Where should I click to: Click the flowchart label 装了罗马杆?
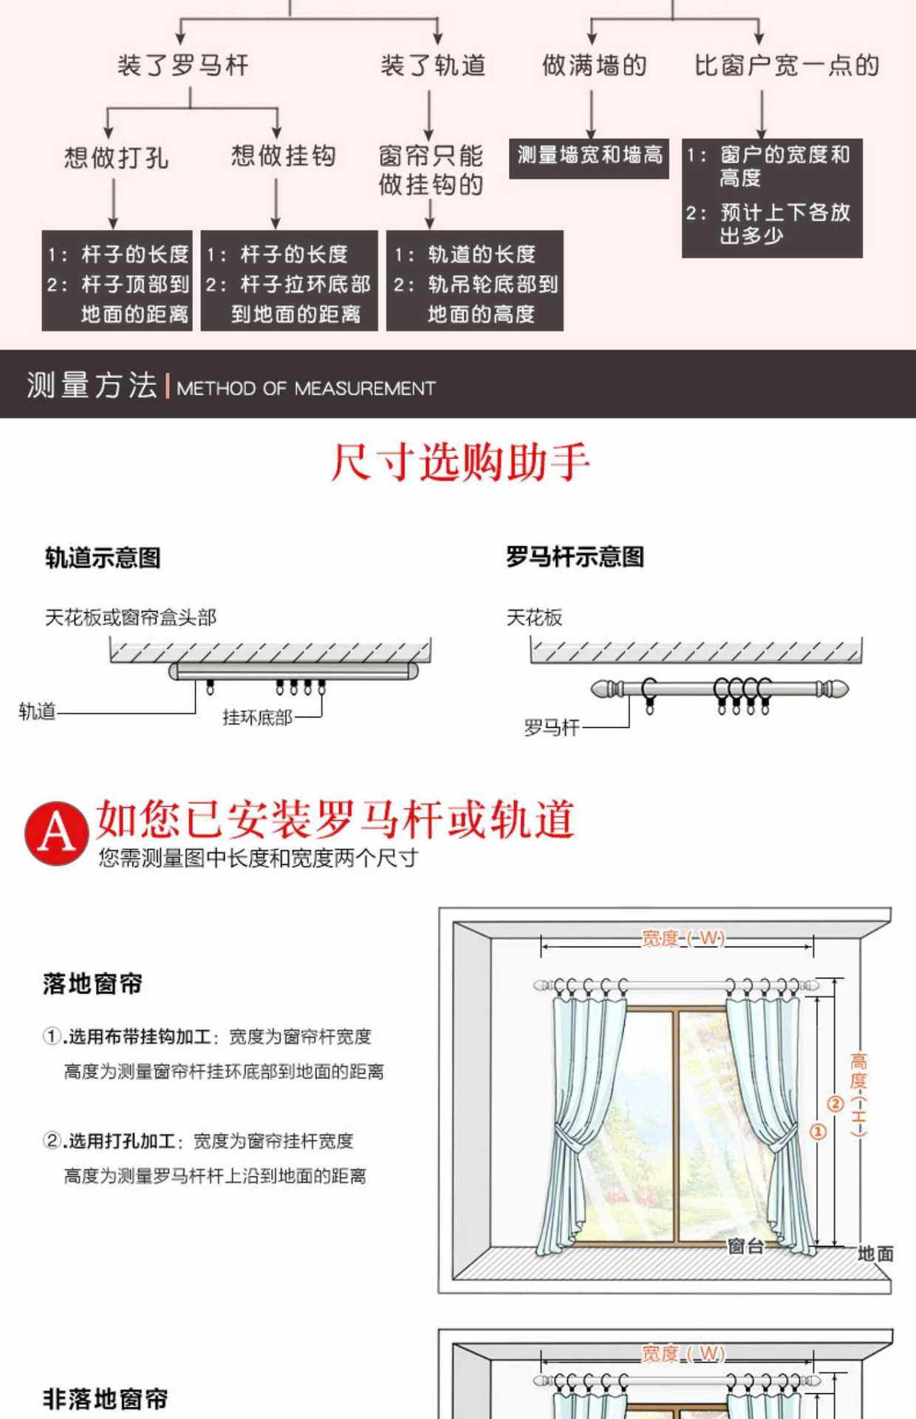(x=183, y=66)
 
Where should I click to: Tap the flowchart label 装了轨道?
(x=433, y=66)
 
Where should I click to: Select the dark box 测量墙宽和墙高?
(x=589, y=157)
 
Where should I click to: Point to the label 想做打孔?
(x=116, y=157)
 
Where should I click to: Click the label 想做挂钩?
(x=283, y=156)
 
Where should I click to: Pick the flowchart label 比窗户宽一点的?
(x=787, y=66)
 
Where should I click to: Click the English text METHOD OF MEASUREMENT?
(x=306, y=388)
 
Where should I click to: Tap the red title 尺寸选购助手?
(x=459, y=463)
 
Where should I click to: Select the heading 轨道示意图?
(x=103, y=558)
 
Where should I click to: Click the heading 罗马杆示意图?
(x=575, y=557)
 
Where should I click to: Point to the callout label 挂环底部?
(x=257, y=718)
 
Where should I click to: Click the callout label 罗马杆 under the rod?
(x=551, y=728)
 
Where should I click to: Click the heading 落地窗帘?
(x=92, y=984)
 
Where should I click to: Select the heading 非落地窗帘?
(x=105, y=1398)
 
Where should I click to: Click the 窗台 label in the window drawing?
(x=745, y=1246)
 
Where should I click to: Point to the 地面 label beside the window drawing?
(x=875, y=1253)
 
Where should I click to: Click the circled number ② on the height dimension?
(x=835, y=1104)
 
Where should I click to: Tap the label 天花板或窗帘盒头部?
(x=131, y=617)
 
